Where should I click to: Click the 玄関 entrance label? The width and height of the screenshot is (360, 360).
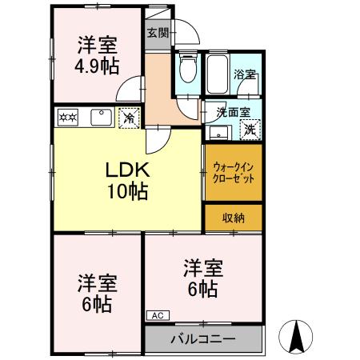tap(158, 33)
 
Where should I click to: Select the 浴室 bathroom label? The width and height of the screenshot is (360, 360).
tap(244, 75)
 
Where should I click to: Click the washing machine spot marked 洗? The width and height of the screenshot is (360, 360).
tap(250, 129)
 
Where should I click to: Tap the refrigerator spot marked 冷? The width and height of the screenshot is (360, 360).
tap(129, 118)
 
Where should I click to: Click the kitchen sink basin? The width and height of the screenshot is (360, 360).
tap(101, 118)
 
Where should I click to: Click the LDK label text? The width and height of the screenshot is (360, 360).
tap(126, 170)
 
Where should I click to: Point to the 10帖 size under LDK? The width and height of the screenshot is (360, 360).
tap(126, 191)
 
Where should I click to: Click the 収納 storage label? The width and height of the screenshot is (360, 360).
tap(233, 218)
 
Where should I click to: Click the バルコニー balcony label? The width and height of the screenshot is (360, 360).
tap(203, 339)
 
